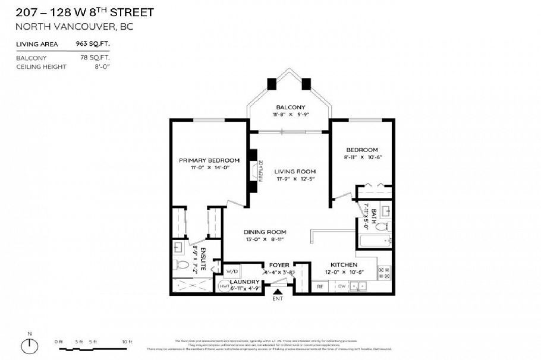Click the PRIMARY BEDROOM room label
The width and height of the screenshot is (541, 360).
point(209,160)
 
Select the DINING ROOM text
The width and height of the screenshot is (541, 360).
point(265,232)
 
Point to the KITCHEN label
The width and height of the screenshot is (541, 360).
point(344,264)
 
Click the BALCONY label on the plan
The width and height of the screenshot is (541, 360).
point(290,107)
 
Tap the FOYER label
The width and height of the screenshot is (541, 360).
point(279,265)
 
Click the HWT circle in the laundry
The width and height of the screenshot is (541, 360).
point(224,286)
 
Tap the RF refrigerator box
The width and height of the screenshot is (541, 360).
point(319,286)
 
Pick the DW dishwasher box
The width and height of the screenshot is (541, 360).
point(341,286)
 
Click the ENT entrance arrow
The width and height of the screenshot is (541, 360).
point(278,290)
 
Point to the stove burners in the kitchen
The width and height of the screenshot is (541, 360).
point(383,273)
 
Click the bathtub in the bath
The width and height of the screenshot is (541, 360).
point(374,241)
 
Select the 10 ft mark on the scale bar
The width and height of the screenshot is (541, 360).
point(125,342)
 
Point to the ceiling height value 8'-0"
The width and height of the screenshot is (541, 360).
point(102,67)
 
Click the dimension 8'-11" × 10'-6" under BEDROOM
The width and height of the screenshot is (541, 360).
point(361,157)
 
